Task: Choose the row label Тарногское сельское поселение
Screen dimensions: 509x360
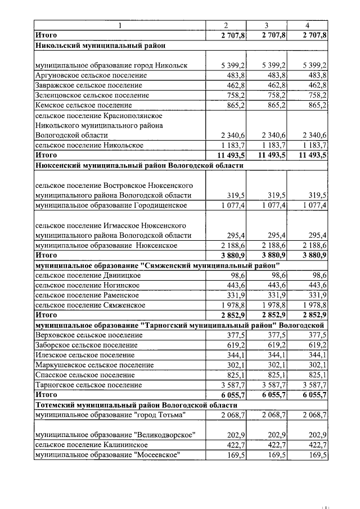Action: (x=88, y=385)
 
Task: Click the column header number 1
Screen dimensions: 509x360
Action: (x=119, y=26)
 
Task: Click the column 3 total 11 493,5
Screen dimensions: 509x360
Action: (x=268, y=155)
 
